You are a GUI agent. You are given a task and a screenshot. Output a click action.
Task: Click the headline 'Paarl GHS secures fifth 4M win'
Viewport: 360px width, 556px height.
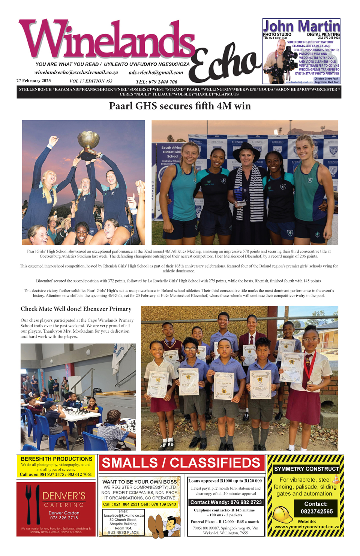(180, 106)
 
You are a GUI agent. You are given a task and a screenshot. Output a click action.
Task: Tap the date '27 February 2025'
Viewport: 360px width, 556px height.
(33, 81)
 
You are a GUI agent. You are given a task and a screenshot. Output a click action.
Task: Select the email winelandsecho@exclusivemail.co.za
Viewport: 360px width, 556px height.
(76, 73)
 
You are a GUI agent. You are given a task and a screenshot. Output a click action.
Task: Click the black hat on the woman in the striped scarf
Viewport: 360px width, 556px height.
(246, 152)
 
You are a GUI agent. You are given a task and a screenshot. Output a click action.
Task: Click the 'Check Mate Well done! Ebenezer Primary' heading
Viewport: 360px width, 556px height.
(76, 309)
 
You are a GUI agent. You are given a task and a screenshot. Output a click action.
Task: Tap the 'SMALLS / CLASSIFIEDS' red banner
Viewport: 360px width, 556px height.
(181, 463)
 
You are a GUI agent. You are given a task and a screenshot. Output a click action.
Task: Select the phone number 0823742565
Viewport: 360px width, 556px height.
(316, 511)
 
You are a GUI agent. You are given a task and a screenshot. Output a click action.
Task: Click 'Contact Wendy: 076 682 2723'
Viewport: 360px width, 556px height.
(225, 502)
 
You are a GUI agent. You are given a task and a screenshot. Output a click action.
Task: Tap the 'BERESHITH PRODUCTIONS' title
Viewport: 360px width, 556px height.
(56, 459)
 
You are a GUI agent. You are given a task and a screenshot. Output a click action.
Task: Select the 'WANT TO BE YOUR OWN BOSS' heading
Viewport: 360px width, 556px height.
(139, 482)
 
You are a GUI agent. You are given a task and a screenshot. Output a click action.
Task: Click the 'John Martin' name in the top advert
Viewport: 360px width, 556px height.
(301, 27)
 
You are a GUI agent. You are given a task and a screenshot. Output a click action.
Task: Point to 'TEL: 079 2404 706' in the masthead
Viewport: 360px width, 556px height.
(156, 82)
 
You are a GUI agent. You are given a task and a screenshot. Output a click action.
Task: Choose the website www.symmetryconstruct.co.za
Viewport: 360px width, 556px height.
(307, 527)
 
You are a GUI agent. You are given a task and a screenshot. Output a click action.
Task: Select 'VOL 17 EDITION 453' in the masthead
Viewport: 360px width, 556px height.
(91, 81)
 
